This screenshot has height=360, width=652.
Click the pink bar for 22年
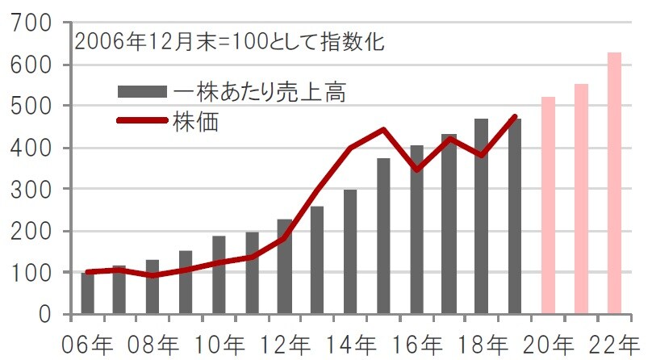pyautogui.click(x=614, y=183)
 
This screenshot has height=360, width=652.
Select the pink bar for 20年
pyautogui.click(x=548, y=205)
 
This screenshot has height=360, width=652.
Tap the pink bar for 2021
pyautogui.click(x=581, y=199)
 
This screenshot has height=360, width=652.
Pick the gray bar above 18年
pyautogui.click(x=482, y=216)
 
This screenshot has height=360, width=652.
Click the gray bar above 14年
pyautogui.click(x=350, y=252)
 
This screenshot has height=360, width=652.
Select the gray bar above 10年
pyautogui.click(x=219, y=274)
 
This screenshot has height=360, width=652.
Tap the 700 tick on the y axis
pyautogui.click(x=31, y=23)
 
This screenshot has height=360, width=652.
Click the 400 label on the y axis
pyautogui.click(x=31, y=148)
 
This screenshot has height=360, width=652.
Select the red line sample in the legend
pyautogui.click(x=141, y=121)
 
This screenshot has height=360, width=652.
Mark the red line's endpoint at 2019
pyautogui.click(x=515, y=116)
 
